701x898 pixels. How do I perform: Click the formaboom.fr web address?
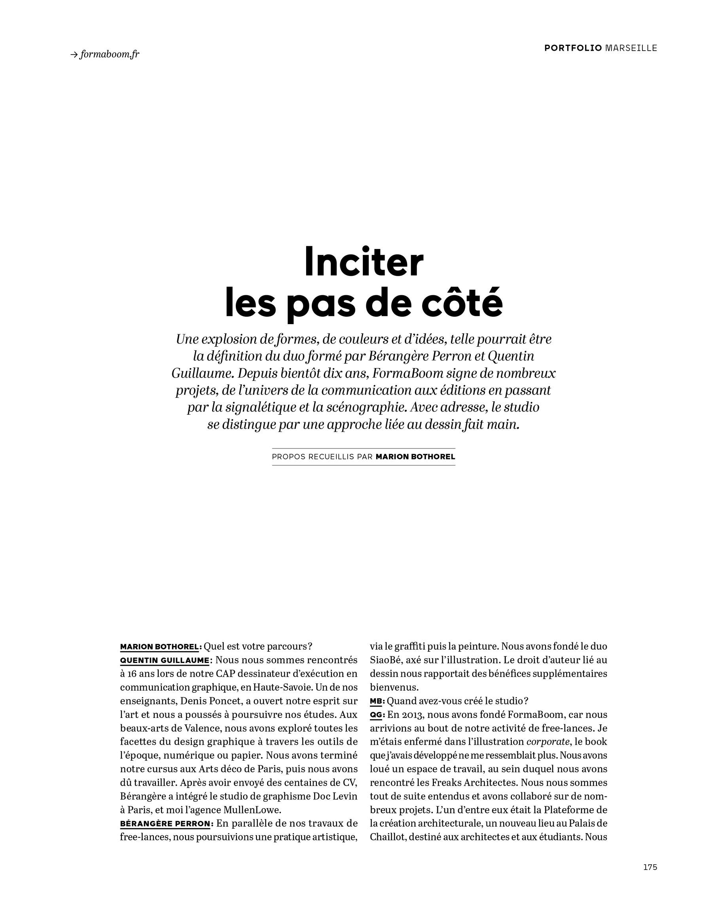coord(110,54)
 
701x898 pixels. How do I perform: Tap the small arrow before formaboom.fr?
coord(74,54)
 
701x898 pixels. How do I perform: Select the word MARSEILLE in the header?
coord(631,48)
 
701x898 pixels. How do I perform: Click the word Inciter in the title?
coord(364,263)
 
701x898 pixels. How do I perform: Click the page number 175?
coord(650,867)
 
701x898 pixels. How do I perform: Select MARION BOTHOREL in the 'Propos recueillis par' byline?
coord(415,457)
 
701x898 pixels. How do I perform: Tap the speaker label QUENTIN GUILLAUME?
coord(164,661)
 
